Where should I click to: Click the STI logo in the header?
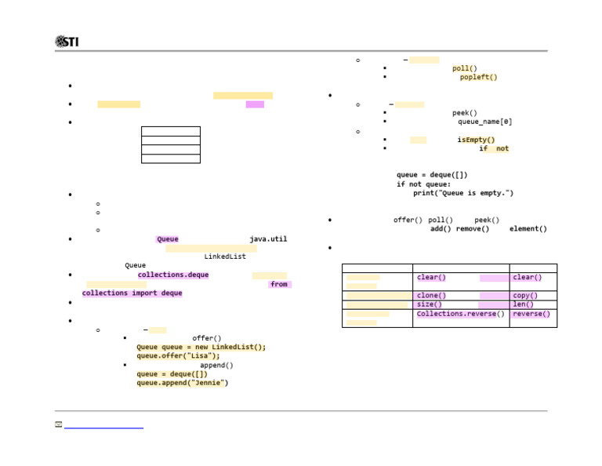pos(67,42)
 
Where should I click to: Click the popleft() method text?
pos(478,78)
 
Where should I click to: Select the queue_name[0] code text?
pos(484,122)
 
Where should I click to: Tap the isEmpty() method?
pos(476,140)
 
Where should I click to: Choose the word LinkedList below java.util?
pos(225,257)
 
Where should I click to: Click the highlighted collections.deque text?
pos(173,275)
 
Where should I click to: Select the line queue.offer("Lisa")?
pos(178,355)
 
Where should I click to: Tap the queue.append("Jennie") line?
pos(183,383)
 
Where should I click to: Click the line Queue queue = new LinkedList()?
pos(201,347)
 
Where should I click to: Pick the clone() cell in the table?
pos(431,296)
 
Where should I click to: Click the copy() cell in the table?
pos(525,296)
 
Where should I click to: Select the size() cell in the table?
pos(429,304)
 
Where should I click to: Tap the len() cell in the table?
pos(523,304)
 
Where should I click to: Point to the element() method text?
pos(528,229)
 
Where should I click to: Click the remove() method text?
pos(473,229)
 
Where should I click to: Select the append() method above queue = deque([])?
pos(216,365)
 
